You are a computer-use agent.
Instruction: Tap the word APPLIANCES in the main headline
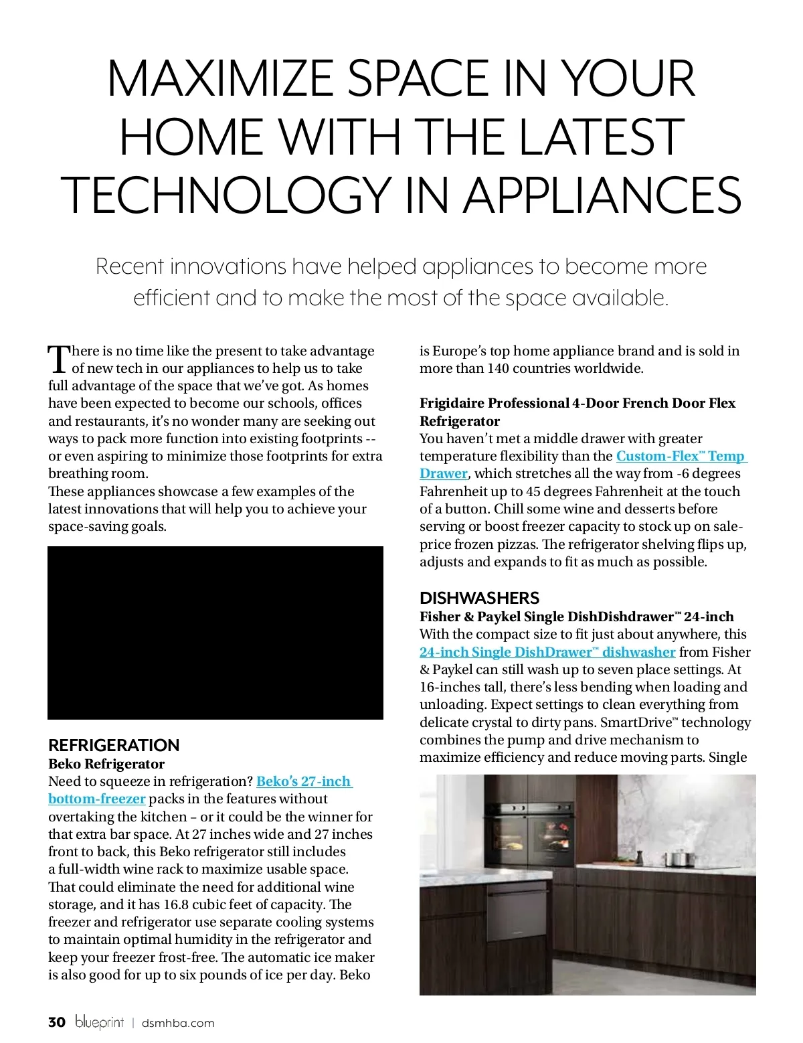602,195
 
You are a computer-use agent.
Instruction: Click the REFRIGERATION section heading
114,745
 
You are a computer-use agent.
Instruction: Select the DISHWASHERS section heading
479,598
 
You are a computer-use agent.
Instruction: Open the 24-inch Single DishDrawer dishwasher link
547,652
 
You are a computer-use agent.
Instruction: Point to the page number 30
57,1022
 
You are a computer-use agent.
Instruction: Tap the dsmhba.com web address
178,1023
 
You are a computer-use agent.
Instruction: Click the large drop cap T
59,359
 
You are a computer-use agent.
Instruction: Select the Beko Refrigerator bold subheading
106,764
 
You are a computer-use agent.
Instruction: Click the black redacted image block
215,633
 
